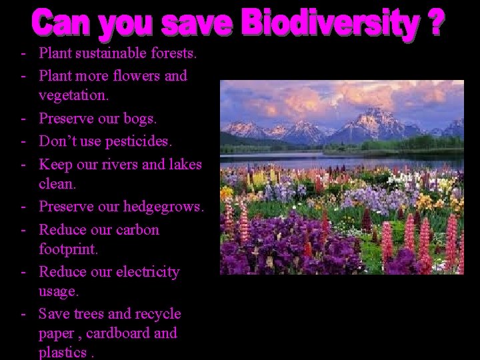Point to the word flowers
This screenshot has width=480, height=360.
pyautogui.click(x=137, y=75)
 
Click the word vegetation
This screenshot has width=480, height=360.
pyautogui.click(x=73, y=96)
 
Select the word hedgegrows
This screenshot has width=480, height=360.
pyautogui.click(x=163, y=207)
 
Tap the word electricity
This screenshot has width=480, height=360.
pyautogui.click(x=148, y=273)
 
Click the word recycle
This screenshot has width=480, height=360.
pyautogui.click(x=159, y=313)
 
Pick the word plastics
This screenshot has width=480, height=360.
pyautogui.click(x=63, y=353)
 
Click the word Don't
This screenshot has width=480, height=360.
pyautogui.click(x=57, y=141)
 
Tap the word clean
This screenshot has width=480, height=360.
pyautogui.click(x=57, y=185)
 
